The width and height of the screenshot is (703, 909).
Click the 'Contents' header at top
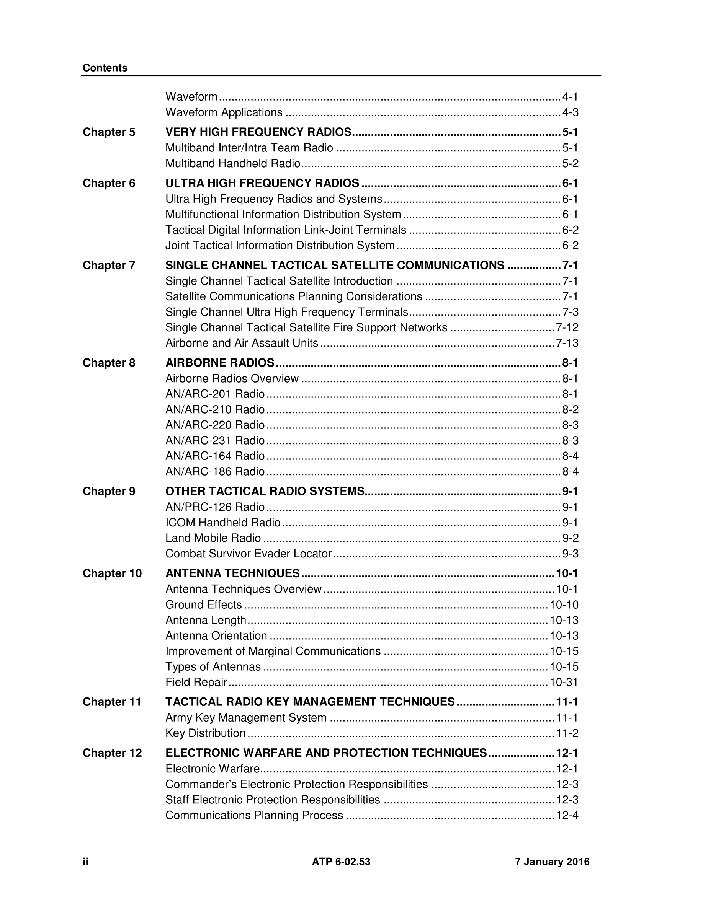pos(105,68)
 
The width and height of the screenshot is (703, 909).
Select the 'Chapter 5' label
pos(109,132)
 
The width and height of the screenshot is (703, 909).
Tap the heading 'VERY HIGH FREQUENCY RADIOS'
pos(258,132)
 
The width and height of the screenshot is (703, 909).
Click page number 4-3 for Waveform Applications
pos(570,112)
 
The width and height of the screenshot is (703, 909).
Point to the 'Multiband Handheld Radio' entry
pos(233,164)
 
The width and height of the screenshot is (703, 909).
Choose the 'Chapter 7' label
pos(109,265)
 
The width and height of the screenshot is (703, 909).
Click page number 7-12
pos(567,327)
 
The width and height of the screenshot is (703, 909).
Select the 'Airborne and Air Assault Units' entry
pos(242,343)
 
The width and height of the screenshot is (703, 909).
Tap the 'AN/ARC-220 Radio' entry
pos(215,425)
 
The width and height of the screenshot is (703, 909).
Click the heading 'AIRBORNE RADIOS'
pos(220,363)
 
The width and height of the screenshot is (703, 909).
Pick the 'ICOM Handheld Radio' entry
pos(223,522)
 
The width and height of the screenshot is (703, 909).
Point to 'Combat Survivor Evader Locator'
pos(248,554)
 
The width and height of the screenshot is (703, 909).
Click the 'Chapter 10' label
pos(113,573)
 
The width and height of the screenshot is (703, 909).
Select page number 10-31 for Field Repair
pos(564,682)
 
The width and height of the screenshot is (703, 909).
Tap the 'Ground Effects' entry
pos(204,605)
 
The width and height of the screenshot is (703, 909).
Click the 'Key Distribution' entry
pos(205,733)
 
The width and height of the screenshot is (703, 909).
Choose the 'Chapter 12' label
pos(113,753)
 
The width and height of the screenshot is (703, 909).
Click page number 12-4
pos(567,815)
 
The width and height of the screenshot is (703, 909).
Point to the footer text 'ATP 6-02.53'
pos(341,862)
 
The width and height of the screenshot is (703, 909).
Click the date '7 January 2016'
pos(552,862)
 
